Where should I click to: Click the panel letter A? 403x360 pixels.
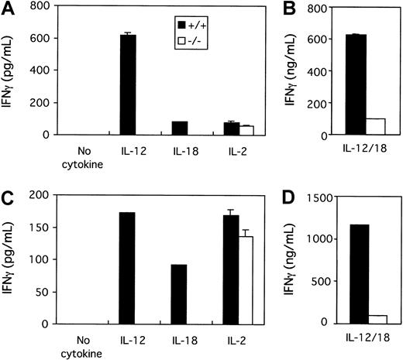8,9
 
